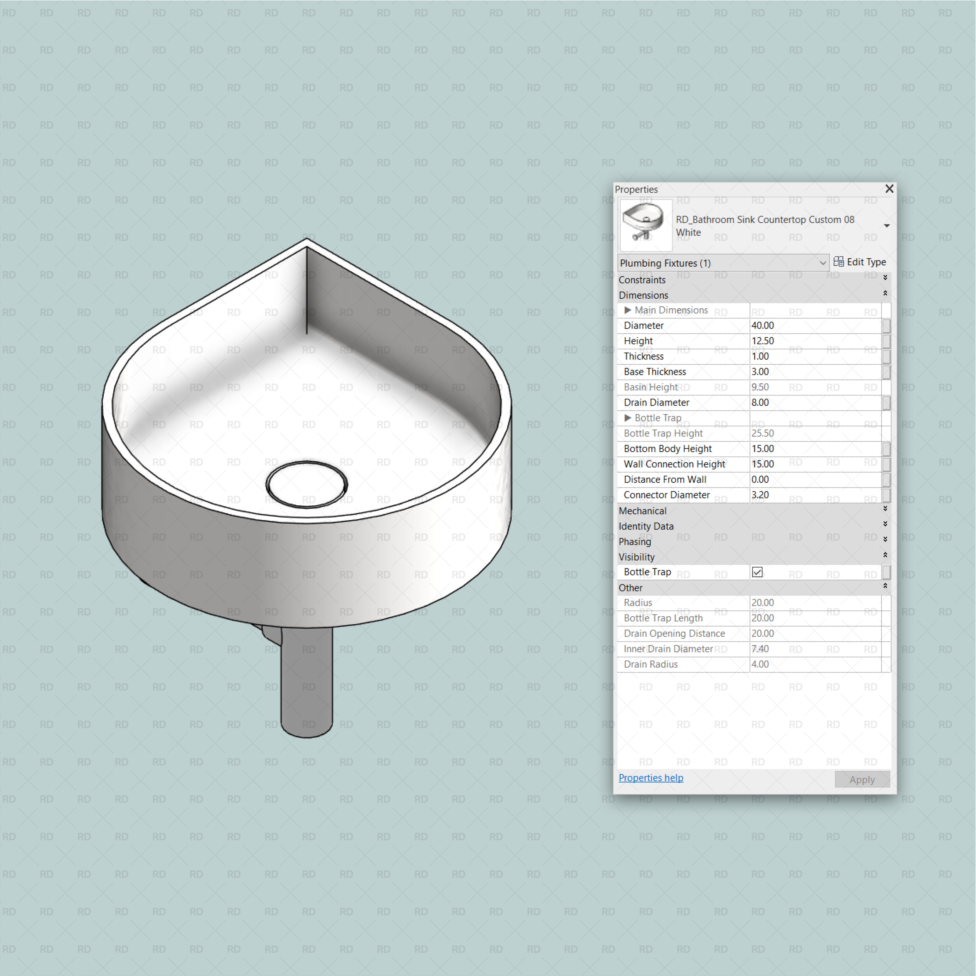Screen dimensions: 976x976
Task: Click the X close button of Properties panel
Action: click(889, 188)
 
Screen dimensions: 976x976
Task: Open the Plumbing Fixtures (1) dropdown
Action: click(723, 263)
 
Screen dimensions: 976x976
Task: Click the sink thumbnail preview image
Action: click(646, 225)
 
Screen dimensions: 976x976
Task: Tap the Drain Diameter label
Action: click(656, 403)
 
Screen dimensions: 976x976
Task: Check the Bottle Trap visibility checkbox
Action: click(757, 572)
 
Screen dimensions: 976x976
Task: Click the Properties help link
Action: click(651, 778)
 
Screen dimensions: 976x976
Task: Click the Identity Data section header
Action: click(646, 526)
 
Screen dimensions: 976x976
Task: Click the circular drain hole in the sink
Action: click(307, 484)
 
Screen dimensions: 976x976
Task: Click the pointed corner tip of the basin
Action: click(307, 242)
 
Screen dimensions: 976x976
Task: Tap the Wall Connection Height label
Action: click(674, 464)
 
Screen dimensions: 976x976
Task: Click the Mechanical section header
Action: click(643, 511)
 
